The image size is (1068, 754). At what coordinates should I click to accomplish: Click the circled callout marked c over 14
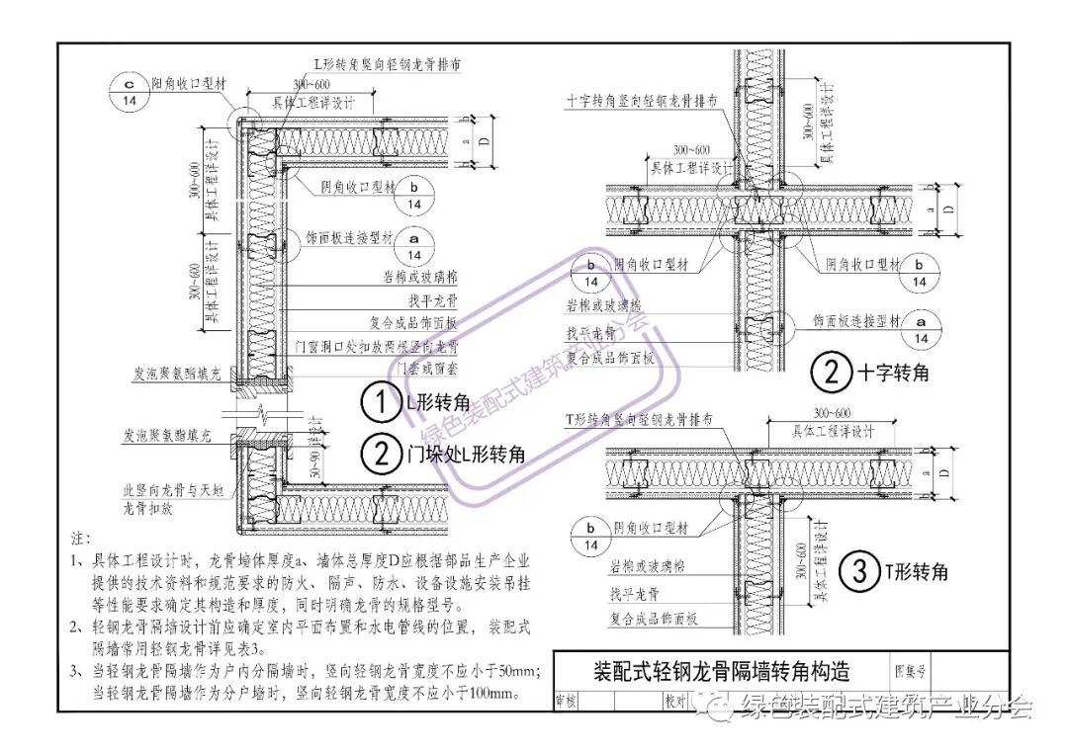130,93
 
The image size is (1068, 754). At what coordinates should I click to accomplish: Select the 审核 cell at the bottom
567,700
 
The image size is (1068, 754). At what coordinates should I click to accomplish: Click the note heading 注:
80,540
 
